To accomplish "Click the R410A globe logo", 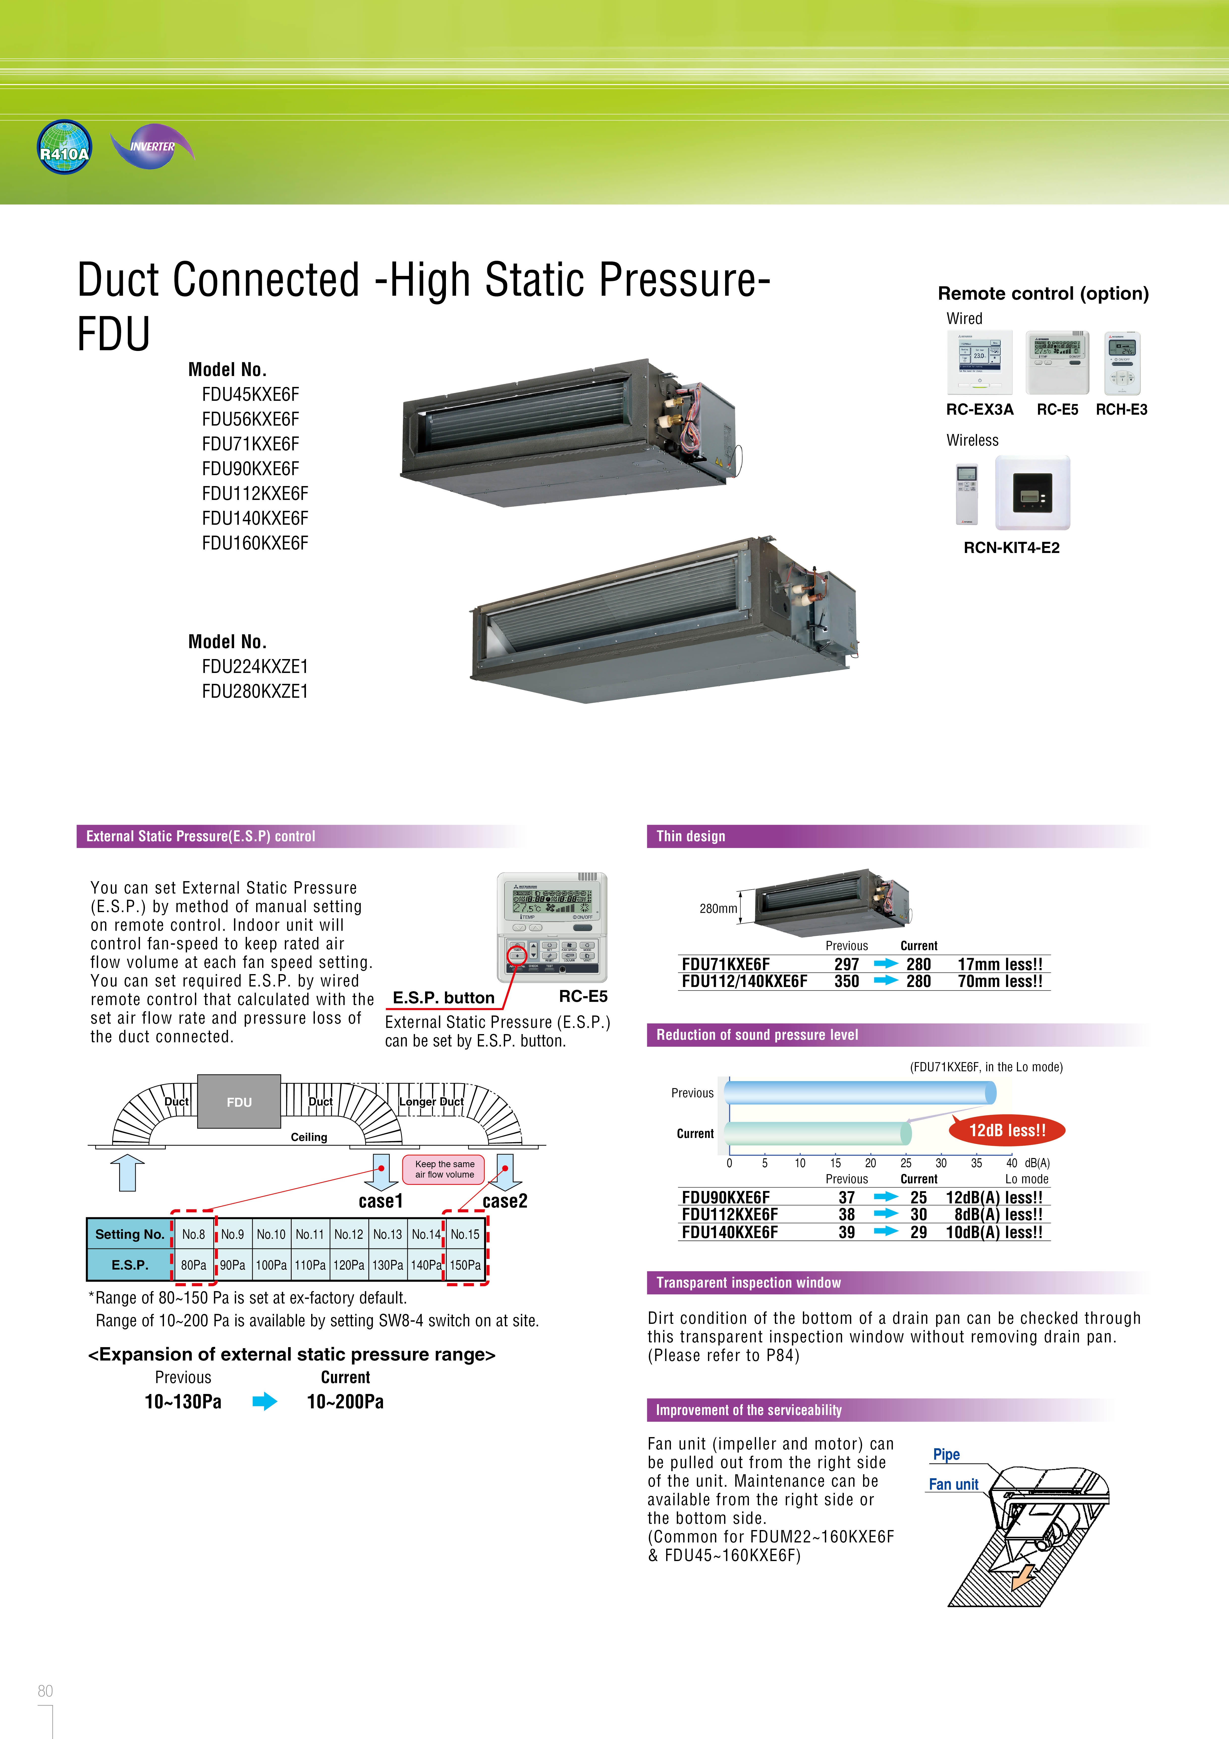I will tap(64, 147).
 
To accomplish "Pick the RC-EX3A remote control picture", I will tap(979, 363).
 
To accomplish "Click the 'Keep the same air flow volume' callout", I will tap(444, 1169).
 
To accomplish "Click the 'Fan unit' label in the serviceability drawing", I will tap(953, 1484).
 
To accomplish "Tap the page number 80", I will tap(45, 1690).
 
